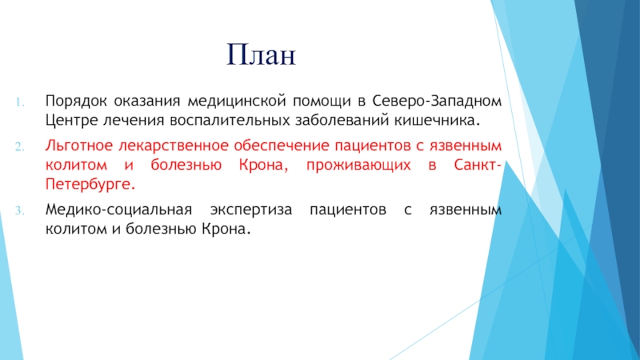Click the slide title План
pyautogui.click(x=262, y=54)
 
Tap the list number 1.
pyautogui.click(x=20, y=102)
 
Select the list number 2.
pyautogui.click(x=20, y=147)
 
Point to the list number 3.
pyautogui.click(x=20, y=211)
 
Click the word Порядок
pyautogui.click(x=76, y=102)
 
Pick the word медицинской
pyautogui.click(x=236, y=102)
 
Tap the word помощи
pyautogui.click(x=322, y=102)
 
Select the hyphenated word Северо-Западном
pyautogui.click(x=437, y=101)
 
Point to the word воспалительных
pyautogui.click(x=230, y=121)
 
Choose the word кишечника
pyautogui.click(x=437, y=121)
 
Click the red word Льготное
pyautogui.click(x=78, y=146)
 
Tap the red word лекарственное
pyautogui.click(x=173, y=146)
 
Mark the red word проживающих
pyautogui.click(x=358, y=166)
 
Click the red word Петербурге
pyautogui.click(x=90, y=185)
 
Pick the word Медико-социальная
pyautogui.click(x=118, y=210)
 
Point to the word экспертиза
pyautogui.click(x=251, y=210)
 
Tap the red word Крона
pyautogui.click(x=263, y=165)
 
